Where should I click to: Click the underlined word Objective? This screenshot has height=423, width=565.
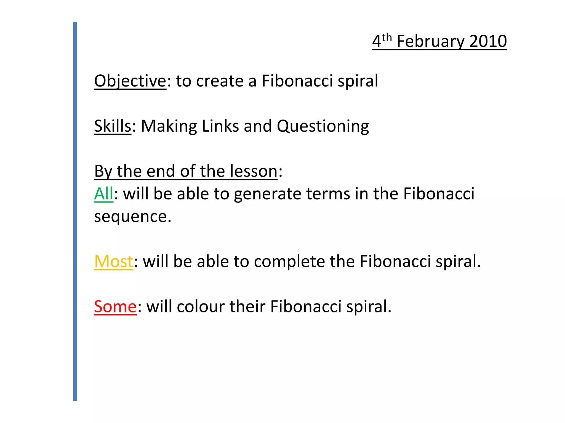130,81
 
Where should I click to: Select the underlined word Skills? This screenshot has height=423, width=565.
113,126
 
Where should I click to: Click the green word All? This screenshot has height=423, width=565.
103,194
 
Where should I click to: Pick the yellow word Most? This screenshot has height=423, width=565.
113,261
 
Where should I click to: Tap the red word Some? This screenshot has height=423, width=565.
115,307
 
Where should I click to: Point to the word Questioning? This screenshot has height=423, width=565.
323,127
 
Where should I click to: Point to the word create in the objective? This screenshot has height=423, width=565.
220,81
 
